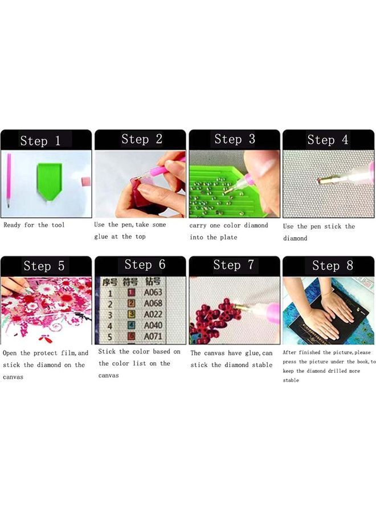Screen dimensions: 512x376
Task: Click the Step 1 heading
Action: coord(40,141)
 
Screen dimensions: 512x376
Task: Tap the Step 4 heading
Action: coord(328,140)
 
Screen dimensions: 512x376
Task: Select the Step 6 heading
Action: coord(145,265)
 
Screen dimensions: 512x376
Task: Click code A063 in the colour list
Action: coord(153,293)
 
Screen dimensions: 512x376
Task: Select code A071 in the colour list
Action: coord(153,336)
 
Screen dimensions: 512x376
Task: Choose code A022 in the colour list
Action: coord(153,315)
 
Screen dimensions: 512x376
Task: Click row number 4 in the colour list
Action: coord(110,326)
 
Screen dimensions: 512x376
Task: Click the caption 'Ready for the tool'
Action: coord(34,225)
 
